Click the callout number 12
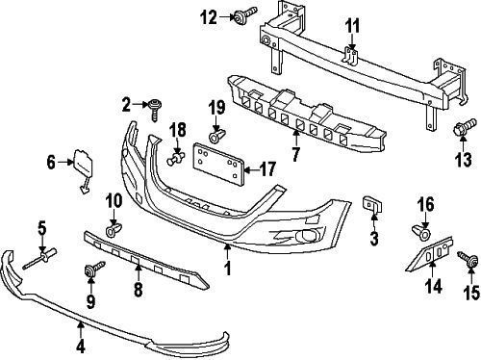[x=210, y=15]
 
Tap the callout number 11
[x=352, y=25]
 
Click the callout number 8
[x=138, y=288]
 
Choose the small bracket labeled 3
[x=370, y=206]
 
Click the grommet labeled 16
[x=420, y=232]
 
